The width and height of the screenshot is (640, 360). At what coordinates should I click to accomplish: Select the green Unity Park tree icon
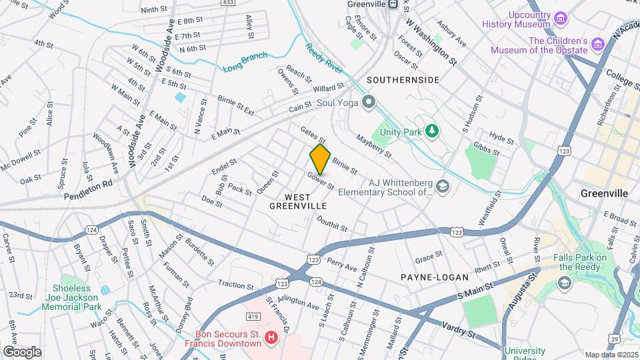point(432,131)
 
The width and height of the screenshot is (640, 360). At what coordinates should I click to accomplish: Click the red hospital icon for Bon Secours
point(271,338)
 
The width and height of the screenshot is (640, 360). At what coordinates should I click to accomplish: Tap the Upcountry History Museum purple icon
point(561,17)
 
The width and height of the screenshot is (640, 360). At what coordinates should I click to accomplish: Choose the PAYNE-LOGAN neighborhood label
point(434,277)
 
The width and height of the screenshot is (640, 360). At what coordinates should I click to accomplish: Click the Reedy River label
point(323,57)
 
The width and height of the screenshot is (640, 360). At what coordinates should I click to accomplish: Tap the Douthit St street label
point(331,223)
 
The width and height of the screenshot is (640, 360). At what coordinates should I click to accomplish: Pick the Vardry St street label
point(459,330)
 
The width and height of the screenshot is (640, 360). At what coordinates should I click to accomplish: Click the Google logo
point(21,351)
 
